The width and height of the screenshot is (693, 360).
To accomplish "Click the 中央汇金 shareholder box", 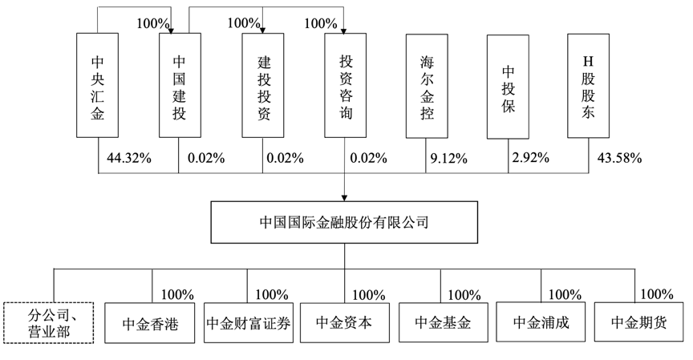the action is click(97, 85).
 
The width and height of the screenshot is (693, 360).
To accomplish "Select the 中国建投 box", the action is click(180, 85).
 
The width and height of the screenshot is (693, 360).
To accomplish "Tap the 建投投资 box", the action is click(263, 85).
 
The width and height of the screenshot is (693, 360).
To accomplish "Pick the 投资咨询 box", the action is click(345, 85).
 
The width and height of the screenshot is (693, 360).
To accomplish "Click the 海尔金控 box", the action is click(427, 86).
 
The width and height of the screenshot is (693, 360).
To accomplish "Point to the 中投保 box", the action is click(508, 87).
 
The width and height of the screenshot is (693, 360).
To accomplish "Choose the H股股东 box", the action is click(588, 86).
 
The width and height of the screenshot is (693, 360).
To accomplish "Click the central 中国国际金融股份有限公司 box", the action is click(344, 222).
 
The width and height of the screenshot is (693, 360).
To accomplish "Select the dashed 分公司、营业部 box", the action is click(49, 323).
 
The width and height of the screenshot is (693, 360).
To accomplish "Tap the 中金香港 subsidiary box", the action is click(150, 323).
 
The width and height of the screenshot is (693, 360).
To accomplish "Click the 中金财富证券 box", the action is click(249, 322).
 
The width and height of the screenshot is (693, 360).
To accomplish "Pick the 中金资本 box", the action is click(345, 322).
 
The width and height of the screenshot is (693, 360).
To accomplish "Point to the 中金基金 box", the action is click(444, 322).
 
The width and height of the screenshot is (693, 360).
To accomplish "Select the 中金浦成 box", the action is click(541, 322).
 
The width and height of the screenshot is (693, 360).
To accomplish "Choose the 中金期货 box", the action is click(638, 322).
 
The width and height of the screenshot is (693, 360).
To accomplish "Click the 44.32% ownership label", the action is click(129, 158).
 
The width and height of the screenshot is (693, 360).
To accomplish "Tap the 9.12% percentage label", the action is click(448, 158).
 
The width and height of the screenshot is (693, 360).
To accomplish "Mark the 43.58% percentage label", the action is click(619, 158).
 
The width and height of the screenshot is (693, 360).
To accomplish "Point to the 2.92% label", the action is click(530, 157).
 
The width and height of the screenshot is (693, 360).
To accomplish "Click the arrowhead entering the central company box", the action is click(344, 198).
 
